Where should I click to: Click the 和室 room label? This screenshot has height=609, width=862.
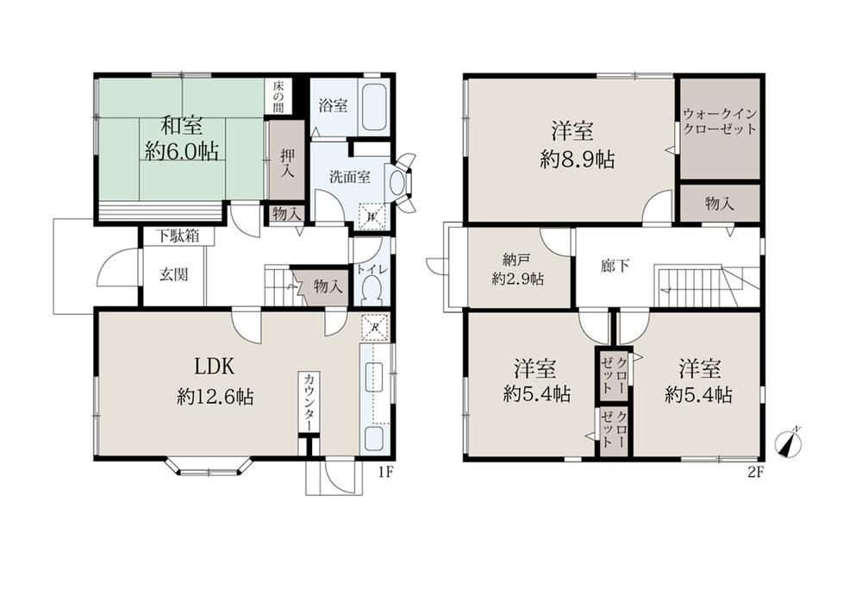pyautogui.click(x=181, y=127)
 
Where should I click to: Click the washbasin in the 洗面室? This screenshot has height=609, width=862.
pyautogui.click(x=397, y=181)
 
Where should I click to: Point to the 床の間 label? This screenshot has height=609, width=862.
pyautogui.click(x=278, y=97)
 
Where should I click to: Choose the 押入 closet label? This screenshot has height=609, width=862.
pyautogui.click(x=286, y=163)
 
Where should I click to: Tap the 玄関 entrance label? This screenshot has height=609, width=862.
pyautogui.click(x=174, y=274)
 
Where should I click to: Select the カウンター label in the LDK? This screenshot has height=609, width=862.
pyautogui.click(x=309, y=402)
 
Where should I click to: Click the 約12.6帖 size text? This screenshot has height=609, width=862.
pyautogui.click(x=215, y=396)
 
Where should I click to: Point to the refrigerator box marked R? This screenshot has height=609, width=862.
pyautogui.click(x=375, y=328)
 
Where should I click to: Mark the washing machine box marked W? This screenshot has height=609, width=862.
pyautogui.click(x=372, y=217)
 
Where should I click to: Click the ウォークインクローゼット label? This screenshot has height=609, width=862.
pyautogui.click(x=720, y=122)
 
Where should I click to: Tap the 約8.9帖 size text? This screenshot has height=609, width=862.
pyautogui.click(x=578, y=160)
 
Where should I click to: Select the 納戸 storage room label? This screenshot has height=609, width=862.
pyautogui.click(x=515, y=259)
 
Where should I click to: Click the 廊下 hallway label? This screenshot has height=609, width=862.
pyautogui.click(x=615, y=267)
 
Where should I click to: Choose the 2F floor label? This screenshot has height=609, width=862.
pyautogui.click(x=756, y=472)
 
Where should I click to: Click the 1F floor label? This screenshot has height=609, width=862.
pyautogui.click(x=385, y=472)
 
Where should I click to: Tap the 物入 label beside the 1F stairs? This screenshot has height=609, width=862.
pyautogui.click(x=328, y=286)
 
